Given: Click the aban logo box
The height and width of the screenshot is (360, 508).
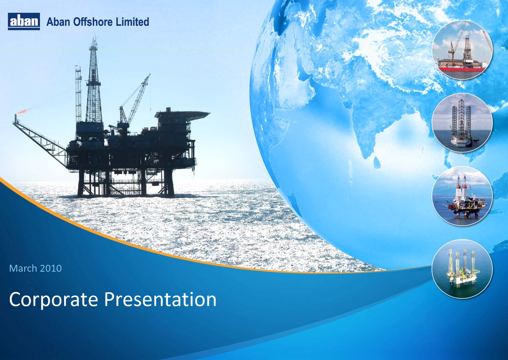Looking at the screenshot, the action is [x=24, y=22].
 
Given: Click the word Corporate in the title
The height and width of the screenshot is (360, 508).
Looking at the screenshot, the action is [x=53, y=300].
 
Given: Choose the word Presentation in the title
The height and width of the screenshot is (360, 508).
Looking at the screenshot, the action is [x=160, y=299].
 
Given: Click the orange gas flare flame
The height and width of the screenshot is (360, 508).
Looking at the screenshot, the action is [x=22, y=111].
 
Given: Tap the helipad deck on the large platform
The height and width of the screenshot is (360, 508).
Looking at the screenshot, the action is [x=182, y=114].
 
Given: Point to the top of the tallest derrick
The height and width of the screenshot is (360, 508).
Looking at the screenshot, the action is [x=94, y=38].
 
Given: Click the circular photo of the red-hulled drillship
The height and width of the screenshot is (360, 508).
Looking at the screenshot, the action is [x=462, y=50].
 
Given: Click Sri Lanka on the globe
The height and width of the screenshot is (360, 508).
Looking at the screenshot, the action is [x=377, y=162].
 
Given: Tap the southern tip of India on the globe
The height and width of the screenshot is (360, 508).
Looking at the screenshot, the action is [x=367, y=157].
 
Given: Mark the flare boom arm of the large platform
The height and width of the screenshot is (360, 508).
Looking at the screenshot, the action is [x=39, y=138].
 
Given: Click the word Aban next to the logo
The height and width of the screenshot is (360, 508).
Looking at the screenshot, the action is [x=58, y=22].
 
